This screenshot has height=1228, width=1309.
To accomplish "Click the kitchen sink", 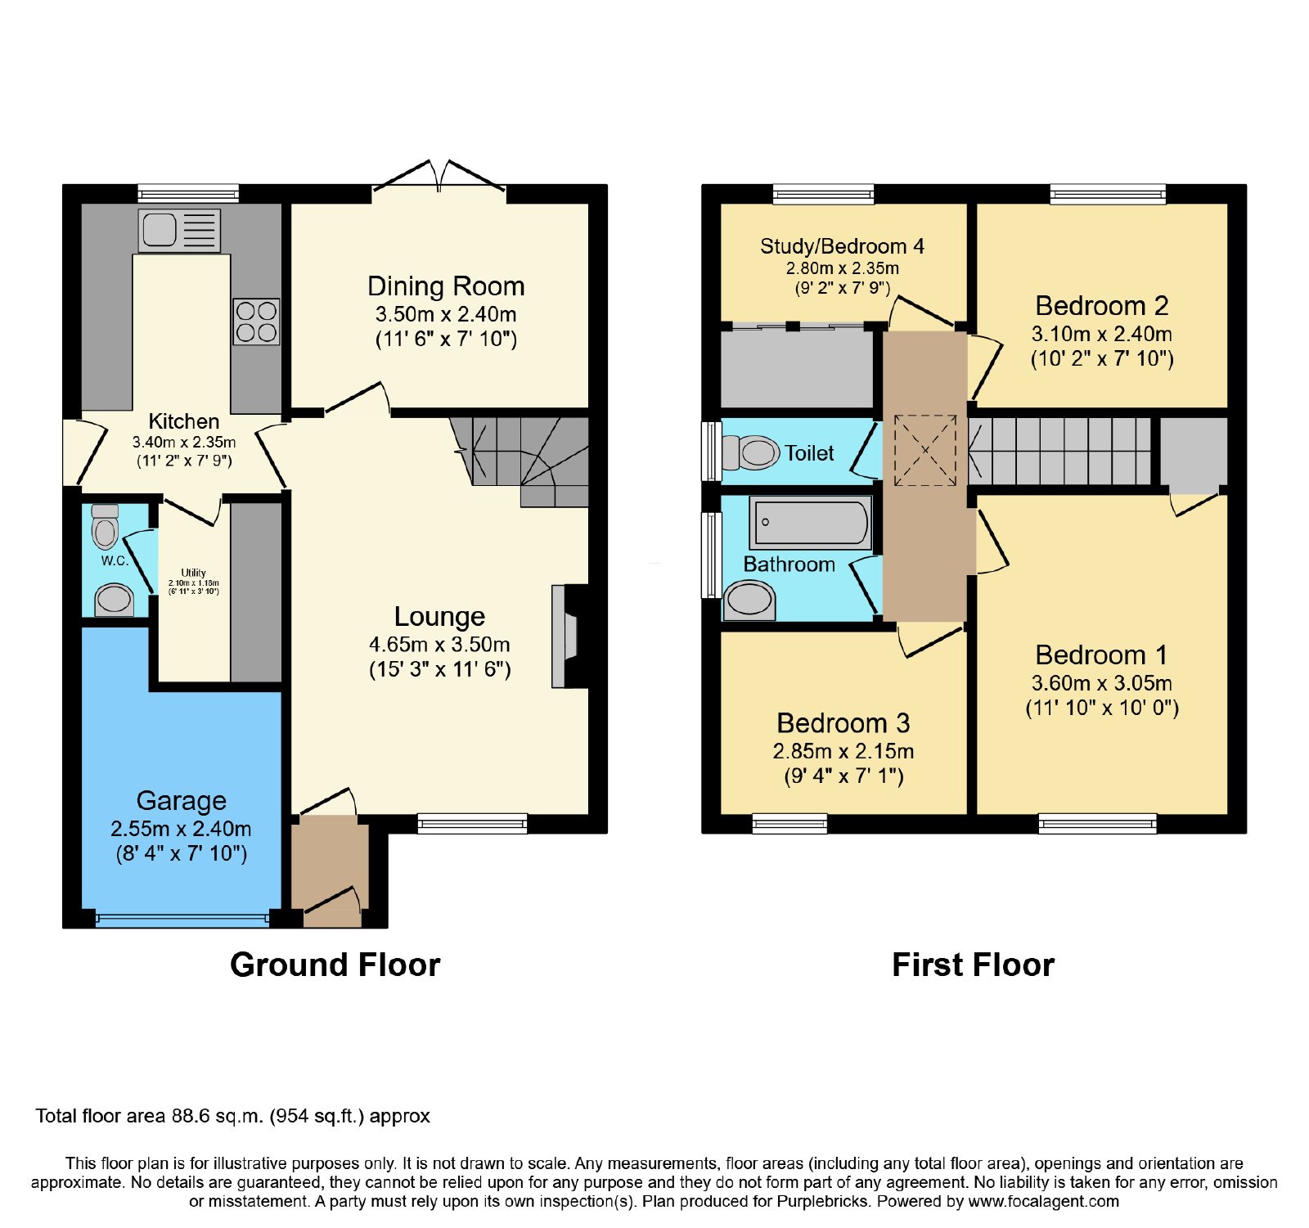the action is pos(180,230).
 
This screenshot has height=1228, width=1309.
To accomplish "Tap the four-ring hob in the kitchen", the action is pos(256,322).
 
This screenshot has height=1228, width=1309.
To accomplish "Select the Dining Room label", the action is pos(446,286).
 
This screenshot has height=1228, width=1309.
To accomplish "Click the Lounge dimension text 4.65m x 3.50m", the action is pos(440,645).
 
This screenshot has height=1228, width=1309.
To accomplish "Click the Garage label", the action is pos(182,800).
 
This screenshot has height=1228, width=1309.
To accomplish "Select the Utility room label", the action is pos(194,573).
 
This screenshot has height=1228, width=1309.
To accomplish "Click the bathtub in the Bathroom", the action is pos(811,523).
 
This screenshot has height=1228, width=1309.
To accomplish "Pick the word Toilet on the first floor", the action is pos(809,453).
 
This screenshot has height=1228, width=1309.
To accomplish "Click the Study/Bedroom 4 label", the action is pos(842,246).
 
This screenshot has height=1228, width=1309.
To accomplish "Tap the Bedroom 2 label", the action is pos(1102,306).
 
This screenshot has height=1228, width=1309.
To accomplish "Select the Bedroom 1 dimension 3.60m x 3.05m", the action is pos(1102,683).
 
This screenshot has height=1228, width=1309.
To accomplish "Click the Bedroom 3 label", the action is pos(843,723).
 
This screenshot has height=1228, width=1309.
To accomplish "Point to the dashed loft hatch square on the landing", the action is pos(925,450).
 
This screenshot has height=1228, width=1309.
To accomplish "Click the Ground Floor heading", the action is pos(335,965).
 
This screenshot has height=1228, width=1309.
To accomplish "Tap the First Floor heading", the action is pos(974,965).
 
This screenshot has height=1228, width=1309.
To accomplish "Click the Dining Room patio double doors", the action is pos(439,177).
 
